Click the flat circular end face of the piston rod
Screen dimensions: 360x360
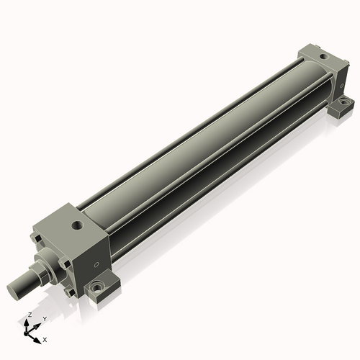(x=12, y=292)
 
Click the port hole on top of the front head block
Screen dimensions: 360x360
(x=78, y=225)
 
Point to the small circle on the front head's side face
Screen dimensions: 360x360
(x=96, y=265)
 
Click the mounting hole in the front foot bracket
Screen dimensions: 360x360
(x=97, y=287)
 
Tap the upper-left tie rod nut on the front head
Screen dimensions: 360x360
(x=37, y=238)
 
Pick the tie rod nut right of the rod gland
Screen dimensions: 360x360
(x=66, y=264)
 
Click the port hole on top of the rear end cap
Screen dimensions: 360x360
(x=324, y=57)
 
